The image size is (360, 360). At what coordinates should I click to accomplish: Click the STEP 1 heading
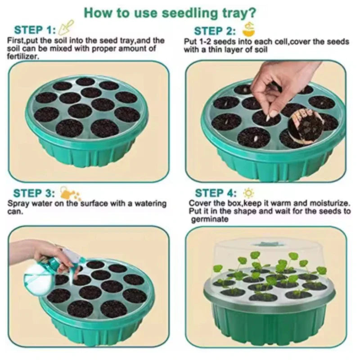[35, 30]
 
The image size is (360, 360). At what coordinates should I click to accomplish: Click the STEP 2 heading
[215, 31]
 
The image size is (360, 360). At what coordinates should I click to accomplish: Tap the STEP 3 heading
[34, 193]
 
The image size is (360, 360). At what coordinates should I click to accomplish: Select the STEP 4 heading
[216, 193]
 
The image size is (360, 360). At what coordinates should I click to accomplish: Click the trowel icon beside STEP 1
[66, 27]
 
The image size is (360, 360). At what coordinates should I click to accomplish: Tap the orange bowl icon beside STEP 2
[249, 29]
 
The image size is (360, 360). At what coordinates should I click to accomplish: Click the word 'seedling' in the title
[190, 13]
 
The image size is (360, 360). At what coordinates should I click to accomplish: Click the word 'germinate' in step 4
[210, 220]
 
